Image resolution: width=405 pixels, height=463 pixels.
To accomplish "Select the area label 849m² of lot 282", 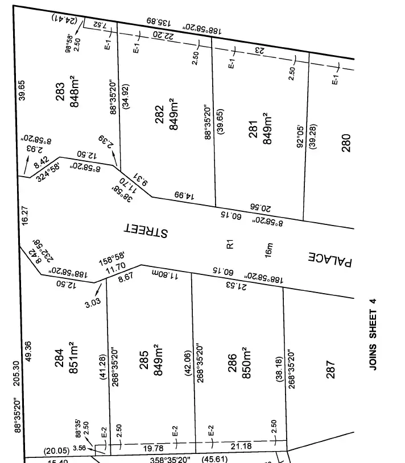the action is click(x=175, y=118).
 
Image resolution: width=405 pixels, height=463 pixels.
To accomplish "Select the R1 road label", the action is click(x=230, y=245).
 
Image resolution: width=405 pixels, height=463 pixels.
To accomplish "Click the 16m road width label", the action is click(x=269, y=250).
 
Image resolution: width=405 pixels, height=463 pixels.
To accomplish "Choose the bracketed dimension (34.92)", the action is click(x=126, y=96).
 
